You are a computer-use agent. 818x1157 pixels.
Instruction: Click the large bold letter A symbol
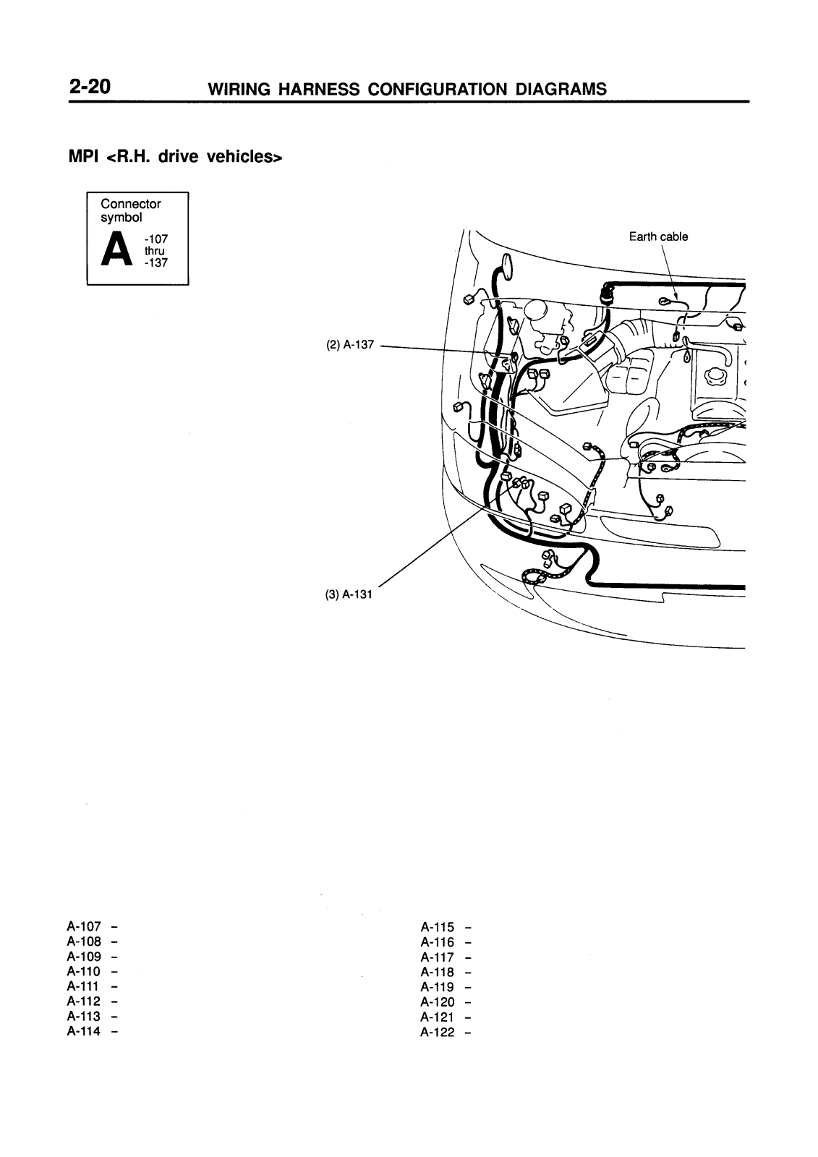click(x=118, y=250)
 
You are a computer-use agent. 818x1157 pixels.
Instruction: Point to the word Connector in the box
click(x=131, y=204)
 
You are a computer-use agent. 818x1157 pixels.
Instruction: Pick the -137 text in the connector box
click(x=156, y=262)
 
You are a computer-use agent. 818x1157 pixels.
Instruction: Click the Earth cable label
click(x=658, y=236)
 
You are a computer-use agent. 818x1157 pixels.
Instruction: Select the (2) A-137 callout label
click(x=349, y=345)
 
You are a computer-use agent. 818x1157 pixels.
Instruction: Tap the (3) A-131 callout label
click(x=348, y=594)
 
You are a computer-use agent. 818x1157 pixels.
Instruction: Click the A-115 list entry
click(x=438, y=926)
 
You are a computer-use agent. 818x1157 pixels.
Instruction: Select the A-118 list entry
click(x=438, y=972)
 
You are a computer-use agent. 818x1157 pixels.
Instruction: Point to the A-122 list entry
click(x=438, y=1032)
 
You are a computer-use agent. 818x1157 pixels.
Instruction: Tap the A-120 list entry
click(x=438, y=1002)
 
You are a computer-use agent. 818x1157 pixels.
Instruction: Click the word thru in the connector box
click(x=154, y=251)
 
